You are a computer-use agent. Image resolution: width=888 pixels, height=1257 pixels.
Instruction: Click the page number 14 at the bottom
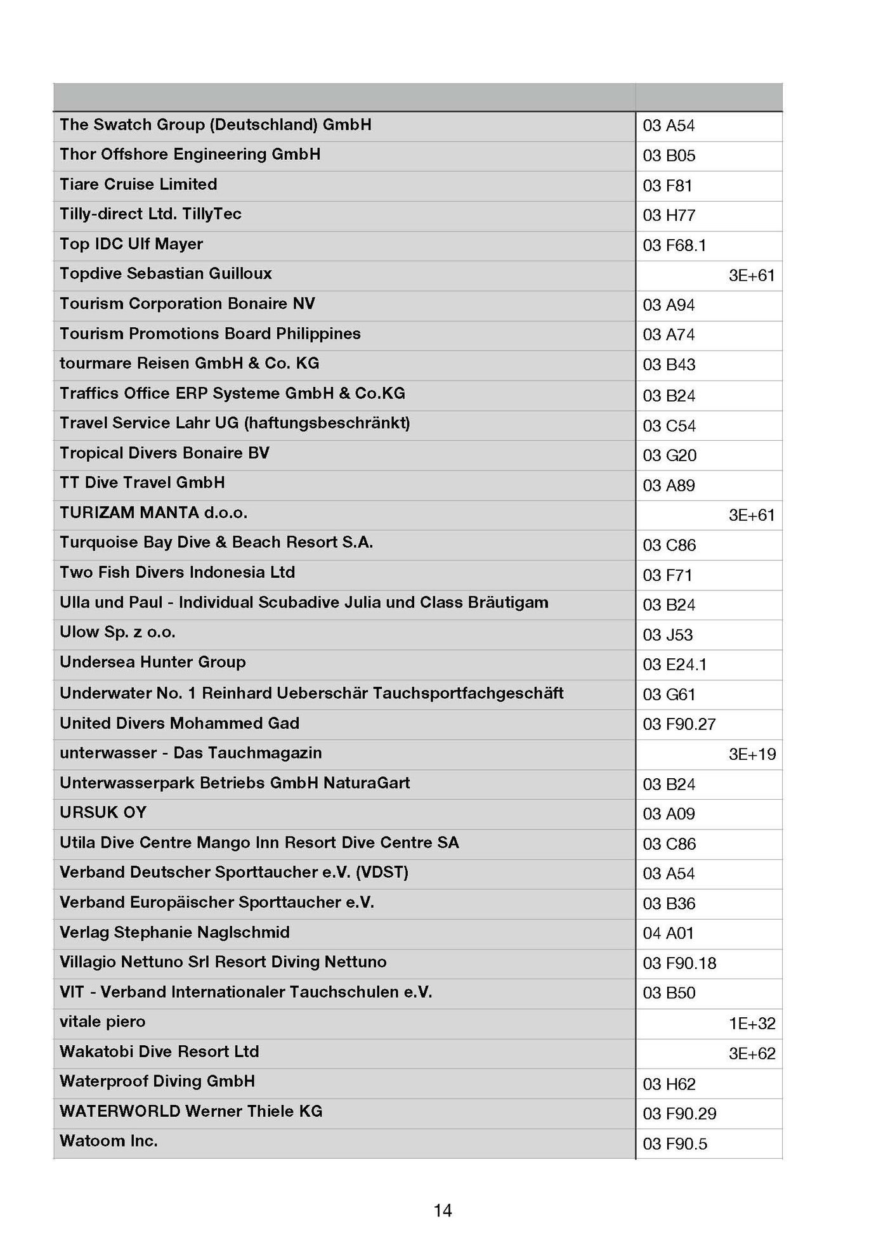(442, 1210)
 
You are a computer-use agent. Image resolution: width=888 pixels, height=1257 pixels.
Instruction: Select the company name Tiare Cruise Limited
(138, 185)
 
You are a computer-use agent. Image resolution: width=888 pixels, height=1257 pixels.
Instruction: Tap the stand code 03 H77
(669, 216)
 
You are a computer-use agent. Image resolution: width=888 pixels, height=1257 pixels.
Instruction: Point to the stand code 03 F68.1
(674, 245)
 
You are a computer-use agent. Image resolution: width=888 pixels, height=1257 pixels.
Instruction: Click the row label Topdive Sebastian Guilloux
(166, 274)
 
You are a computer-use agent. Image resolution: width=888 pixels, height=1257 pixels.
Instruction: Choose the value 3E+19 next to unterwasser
(752, 754)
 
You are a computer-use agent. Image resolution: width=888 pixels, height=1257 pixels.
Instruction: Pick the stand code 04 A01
(668, 933)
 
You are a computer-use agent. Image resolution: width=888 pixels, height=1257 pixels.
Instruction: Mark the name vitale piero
(103, 1022)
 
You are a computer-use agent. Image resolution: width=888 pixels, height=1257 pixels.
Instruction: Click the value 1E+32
(752, 1023)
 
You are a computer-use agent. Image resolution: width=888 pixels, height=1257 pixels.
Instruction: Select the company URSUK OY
(103, 812)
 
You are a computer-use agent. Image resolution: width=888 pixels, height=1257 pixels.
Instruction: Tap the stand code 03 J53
(667, 635)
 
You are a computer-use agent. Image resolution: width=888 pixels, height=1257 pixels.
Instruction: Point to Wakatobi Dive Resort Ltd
(159, 1052)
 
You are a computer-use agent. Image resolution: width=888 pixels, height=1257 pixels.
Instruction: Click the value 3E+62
(752, 1053)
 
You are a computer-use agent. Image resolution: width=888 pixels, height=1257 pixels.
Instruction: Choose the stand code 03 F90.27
(679, 724)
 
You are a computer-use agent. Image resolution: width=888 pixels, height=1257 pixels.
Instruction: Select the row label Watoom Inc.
(108, 1141)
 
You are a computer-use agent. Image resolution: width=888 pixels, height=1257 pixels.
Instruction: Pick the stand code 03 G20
(669, 455)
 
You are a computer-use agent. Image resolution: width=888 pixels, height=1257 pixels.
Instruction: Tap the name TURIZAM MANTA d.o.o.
(153, 512)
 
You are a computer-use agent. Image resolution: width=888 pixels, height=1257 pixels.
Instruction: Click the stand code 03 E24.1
(674, 665)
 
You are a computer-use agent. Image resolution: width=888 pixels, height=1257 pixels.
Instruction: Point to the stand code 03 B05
(669, 155)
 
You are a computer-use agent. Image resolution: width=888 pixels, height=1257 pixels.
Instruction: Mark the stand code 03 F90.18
(679, 963)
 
